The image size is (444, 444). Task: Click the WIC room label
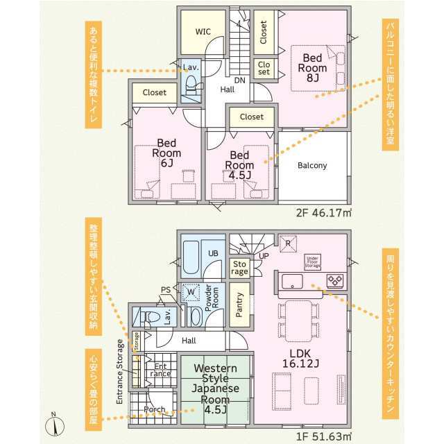203,31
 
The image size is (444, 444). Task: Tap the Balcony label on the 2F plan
312,165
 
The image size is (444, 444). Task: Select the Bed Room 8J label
312,68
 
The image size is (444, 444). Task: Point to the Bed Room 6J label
166,153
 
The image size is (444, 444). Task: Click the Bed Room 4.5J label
239,165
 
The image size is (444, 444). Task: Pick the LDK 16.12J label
300,358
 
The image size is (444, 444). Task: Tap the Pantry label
239,305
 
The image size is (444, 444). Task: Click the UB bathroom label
213,253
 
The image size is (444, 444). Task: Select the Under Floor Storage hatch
313,262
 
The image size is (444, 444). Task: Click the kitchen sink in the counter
292,282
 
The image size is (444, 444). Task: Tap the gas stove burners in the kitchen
335,281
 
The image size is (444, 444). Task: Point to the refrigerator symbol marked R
288,244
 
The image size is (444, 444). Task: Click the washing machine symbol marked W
191,292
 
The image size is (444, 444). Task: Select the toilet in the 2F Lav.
191,85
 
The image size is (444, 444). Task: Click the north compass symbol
55,425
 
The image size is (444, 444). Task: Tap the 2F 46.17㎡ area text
324,212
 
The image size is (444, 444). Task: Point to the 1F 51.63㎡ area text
324,436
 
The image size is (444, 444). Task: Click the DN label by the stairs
239,80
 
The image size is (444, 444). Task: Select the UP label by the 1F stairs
264,256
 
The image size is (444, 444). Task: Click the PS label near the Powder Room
166,290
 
